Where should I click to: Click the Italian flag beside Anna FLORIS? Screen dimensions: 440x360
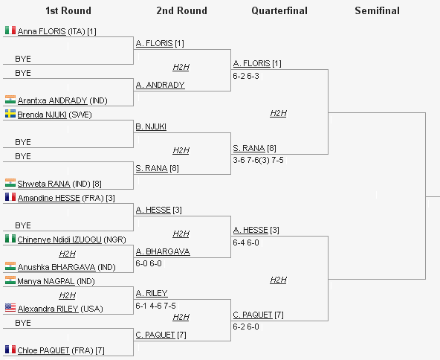click(10, 30)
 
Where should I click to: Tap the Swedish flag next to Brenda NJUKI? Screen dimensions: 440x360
click(10, 114)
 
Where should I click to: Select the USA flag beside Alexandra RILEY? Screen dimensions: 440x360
click(10, 308)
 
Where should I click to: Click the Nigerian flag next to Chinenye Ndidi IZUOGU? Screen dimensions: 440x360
click(10, 239)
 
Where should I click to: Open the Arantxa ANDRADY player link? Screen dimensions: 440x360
click(53, 100)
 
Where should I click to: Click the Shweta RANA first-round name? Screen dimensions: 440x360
click(44, 184)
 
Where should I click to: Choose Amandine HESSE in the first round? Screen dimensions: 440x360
click(49, 198)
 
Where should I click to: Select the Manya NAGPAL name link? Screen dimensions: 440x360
click(46, 281)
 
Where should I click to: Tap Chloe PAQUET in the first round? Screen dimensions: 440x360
click(44, 350)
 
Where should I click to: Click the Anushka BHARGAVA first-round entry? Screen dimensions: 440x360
click(56, 267)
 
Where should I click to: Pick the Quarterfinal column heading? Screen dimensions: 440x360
click(279, 10)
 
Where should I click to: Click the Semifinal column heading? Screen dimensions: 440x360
click(377, 10)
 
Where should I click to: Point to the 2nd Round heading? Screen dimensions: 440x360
click(182, 10)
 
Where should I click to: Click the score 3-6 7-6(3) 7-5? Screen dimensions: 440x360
click(258, 160)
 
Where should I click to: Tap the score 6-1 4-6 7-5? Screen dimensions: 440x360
click(156, 306)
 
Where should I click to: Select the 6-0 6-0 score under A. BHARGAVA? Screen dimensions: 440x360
click(149, 263)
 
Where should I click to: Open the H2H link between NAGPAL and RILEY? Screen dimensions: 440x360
click(68, 295)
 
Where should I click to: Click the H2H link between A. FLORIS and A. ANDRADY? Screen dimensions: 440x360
click(181, 67)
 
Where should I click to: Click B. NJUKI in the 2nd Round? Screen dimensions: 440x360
click(151, 126)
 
